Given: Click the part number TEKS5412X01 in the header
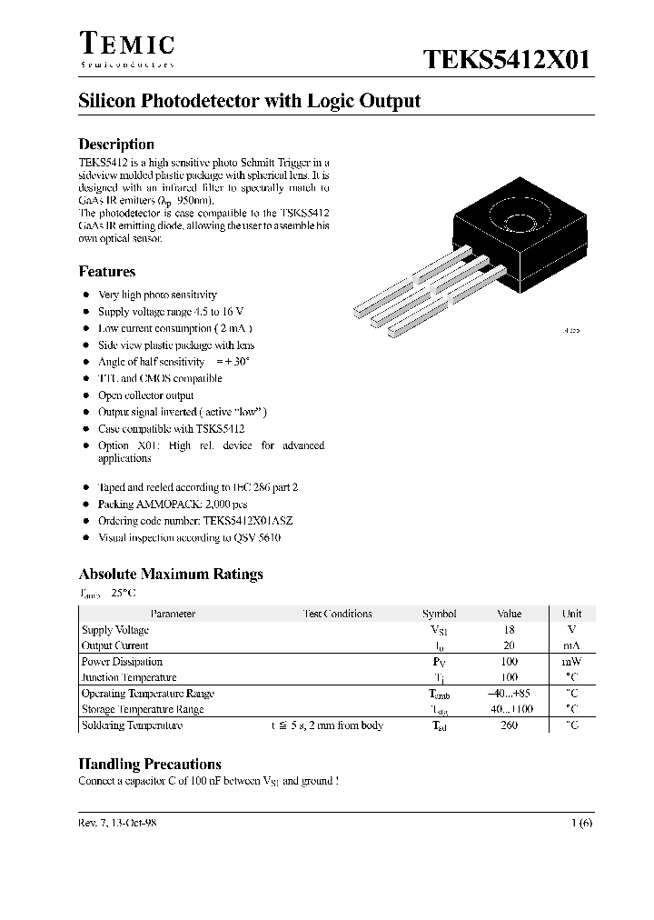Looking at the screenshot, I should pos(507,60).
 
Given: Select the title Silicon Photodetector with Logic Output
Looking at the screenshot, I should pos(250,101).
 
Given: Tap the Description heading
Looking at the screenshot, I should pos(116,145).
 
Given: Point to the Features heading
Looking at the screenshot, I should pos(107,272).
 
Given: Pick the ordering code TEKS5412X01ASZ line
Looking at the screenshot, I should pos(195,521).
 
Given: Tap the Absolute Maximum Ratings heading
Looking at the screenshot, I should pos(171,575).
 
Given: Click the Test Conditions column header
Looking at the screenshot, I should pos(337,614).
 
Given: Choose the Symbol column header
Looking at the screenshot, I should pos(440,614).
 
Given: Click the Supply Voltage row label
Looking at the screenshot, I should pos(115,630).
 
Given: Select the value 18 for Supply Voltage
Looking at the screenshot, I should pos(509,630).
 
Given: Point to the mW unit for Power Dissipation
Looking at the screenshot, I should pos(571,662).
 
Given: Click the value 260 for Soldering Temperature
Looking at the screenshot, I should pos(509,725).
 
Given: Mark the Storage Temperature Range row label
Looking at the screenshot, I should pos(143,709).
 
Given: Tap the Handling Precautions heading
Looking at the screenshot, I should pos(150,765).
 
